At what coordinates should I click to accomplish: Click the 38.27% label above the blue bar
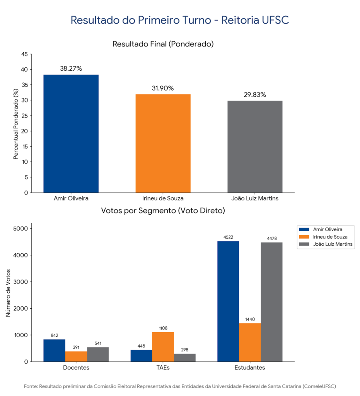(71, 69)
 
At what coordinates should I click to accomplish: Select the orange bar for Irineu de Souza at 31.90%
(163, 143)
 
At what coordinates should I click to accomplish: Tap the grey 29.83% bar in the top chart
(255, 147)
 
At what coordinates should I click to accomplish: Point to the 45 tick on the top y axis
(24, 54)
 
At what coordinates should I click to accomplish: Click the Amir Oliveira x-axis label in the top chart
(71, 199)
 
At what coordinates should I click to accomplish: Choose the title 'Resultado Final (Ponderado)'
(163, 44)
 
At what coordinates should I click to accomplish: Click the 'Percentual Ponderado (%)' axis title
(16, 124)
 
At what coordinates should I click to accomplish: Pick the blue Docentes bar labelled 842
(54, 350)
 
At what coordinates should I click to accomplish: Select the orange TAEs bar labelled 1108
(163, 347)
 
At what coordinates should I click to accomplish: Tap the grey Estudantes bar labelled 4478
(271, 302)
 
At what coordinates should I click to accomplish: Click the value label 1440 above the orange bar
(250, 319)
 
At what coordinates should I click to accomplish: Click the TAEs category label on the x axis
(163, 368)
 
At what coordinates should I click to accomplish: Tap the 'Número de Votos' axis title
(8, 293)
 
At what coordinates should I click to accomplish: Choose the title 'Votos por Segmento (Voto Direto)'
(163, 211)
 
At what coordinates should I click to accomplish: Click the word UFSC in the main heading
(275, 20)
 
